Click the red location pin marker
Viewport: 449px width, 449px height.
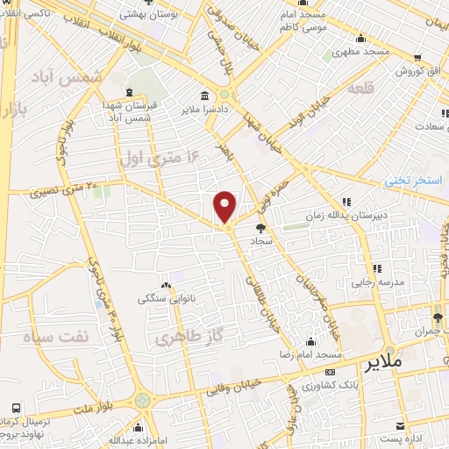[x=226, y=207]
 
